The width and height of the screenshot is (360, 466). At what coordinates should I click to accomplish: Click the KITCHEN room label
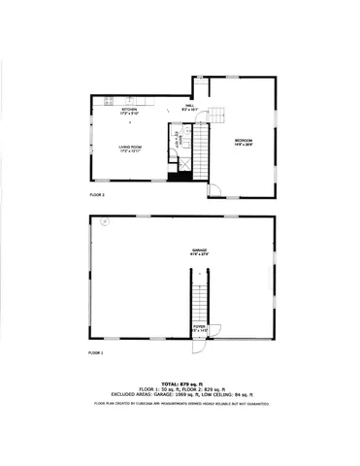pos(129,111)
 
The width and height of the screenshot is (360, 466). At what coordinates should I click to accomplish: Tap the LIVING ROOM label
pos(129,147)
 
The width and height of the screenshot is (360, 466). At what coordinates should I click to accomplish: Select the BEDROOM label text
pos(243,141)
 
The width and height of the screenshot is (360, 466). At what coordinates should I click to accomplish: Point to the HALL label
pos(190,106)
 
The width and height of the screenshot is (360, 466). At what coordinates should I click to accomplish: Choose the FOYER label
pos(199,327)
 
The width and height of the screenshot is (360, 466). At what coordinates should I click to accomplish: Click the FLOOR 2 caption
pos(97,194)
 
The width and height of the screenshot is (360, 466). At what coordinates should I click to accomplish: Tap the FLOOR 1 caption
pos(96,351)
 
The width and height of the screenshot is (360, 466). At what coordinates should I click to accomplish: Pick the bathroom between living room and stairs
pos(177,149)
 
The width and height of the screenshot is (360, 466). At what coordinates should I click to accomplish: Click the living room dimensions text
pos(129,151)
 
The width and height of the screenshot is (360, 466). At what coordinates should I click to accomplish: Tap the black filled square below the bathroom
pos(178,175)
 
